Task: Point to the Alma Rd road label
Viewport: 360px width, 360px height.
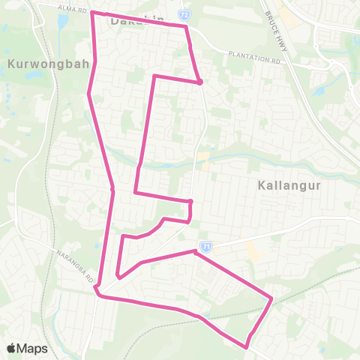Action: (71, 7)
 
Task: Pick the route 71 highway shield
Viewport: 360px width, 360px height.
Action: (206, 245)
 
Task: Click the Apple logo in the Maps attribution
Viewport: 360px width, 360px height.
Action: (12, 348)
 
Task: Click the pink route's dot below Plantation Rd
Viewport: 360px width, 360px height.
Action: (200, 82)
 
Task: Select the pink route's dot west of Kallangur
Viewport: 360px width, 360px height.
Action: (191, 202)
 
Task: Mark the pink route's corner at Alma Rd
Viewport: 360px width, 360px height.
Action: (92, 12)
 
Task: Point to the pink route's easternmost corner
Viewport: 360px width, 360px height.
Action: (271, 300)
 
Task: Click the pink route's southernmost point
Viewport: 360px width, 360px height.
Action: (247, 346)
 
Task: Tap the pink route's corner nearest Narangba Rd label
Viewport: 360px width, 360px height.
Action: (98, 295)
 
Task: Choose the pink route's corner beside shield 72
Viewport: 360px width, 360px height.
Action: (185, 26)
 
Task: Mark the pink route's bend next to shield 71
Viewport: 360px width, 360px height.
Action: (194, 253)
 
